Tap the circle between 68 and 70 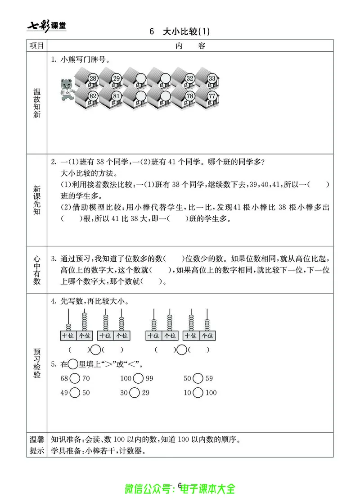coord(75,379)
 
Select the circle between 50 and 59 coord(198,379)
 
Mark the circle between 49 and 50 coord(75,393)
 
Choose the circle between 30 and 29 coord(134,393)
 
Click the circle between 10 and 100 coord(198,393)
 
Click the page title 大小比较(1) coord(180,32)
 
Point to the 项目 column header coord(37,45)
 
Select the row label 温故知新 coord(37,103)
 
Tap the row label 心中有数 coord(37,270)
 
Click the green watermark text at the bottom coord(180,488)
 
